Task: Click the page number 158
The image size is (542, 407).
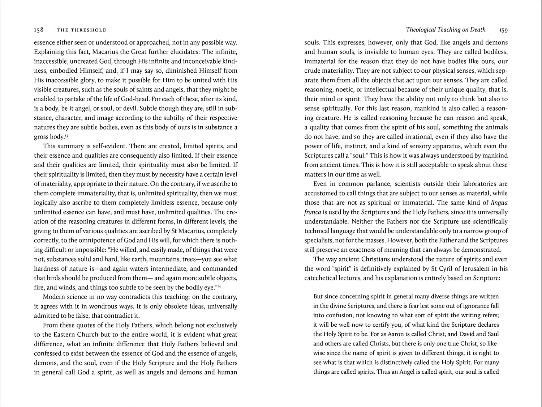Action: [x=39, y=30]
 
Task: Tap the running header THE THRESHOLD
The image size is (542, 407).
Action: [x=82, y=30]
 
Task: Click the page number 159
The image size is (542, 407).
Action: [x=503, y=30]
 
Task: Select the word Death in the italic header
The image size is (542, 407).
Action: [x=478, y=30]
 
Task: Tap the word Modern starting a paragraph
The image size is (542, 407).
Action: [x=54, y=297]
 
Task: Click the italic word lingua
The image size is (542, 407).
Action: [x=499, y=203]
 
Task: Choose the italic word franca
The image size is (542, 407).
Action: [x=313, y=212]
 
